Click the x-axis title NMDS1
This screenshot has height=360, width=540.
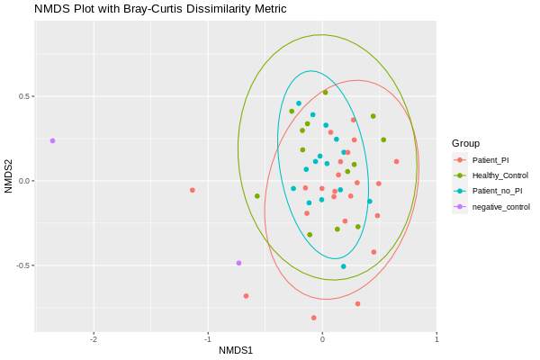click(236, 350)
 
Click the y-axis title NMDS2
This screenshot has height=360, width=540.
click(8, 176)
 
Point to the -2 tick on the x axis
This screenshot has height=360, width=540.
click(94, 338)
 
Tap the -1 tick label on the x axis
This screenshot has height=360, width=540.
click(207, 338)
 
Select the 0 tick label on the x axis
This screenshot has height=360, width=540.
click(322, 338)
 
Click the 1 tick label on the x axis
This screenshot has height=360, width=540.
click(436, 338)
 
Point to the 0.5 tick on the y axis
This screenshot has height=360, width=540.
click(22, 96)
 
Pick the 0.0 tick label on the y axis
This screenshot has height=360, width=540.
click(22, 181)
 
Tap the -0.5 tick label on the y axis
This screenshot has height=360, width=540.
click(21, 265)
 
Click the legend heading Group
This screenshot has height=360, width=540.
click(465, 143)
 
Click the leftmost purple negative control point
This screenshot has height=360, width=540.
click(52, 140)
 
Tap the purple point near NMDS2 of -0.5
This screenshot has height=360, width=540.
click(238, 263)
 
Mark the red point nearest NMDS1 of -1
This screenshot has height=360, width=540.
click(193, 190)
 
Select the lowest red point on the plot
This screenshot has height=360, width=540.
click(313, 318)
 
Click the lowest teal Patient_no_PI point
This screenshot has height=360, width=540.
click(343, 266)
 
